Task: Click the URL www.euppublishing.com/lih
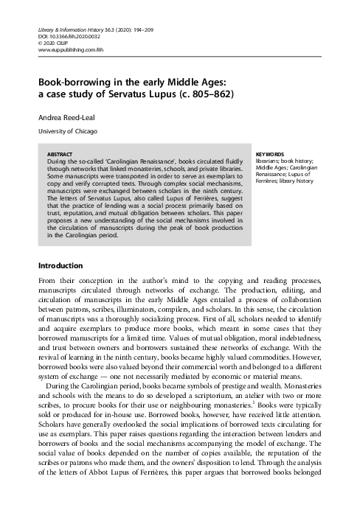pos(66,50)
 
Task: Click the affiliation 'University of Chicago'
pos(66,132)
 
